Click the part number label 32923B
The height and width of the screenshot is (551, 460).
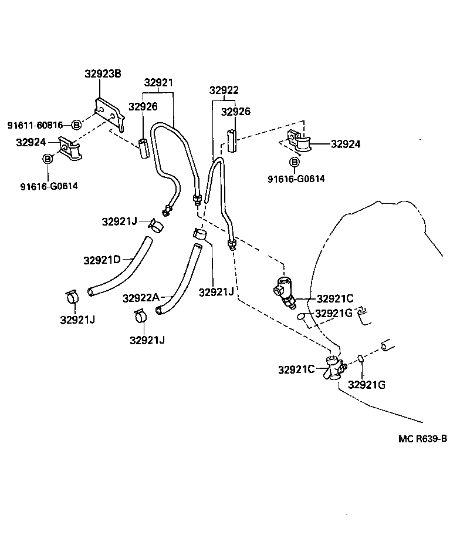[x=103, y=74]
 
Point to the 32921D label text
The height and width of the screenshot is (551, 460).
[x=102, y=260]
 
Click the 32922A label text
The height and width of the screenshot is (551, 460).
[x=141, y=298]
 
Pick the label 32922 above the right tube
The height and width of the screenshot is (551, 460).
[x=224, y=90]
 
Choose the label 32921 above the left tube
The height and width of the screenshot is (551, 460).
[x=158, y=83]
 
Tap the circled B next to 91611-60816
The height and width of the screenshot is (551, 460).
[x=76, y=125]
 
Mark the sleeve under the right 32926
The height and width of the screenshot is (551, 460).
[x=231, y=142]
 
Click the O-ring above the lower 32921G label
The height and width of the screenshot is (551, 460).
[x=361, y=359]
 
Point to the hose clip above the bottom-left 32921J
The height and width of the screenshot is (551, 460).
[x=72, y=297]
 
